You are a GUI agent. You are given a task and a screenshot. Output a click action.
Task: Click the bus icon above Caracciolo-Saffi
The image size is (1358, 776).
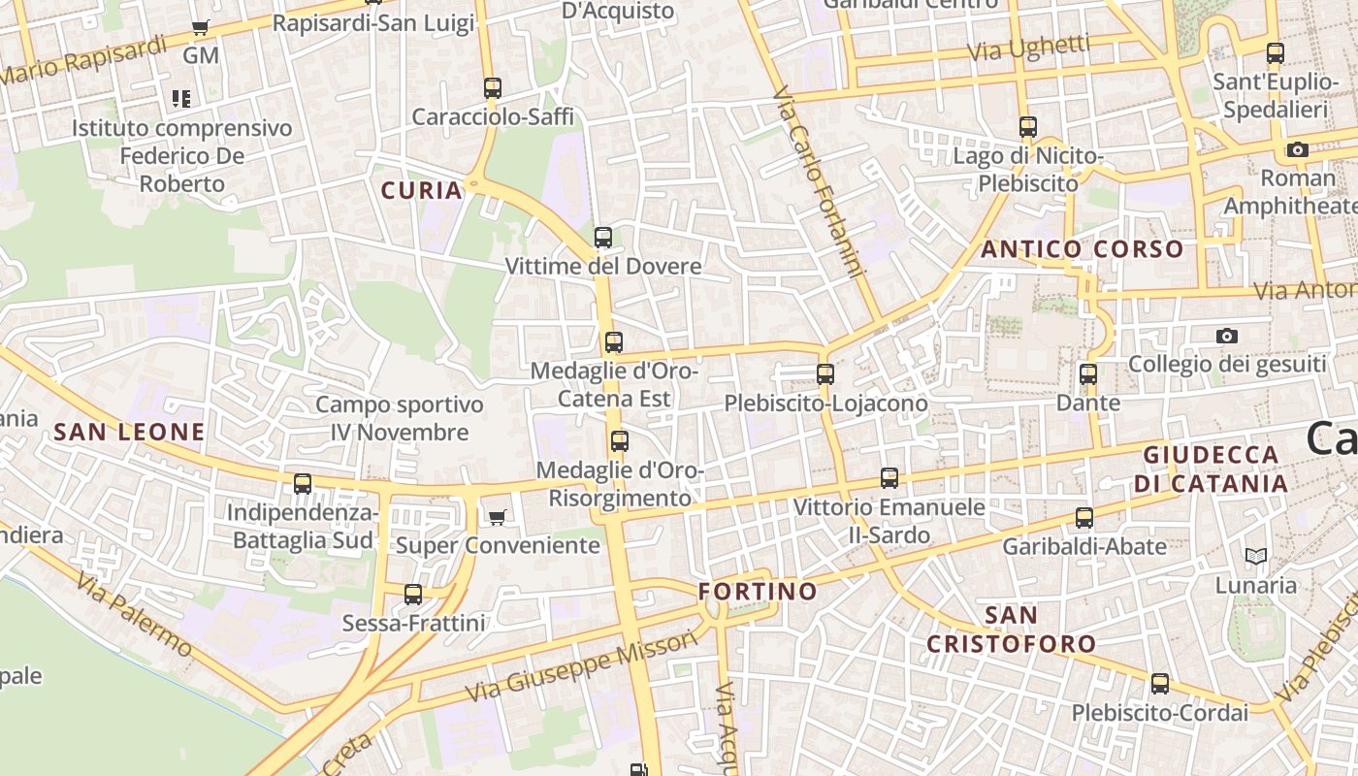pos(493,88)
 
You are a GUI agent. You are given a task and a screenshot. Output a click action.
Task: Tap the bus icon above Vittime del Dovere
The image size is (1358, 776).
pos(603,238)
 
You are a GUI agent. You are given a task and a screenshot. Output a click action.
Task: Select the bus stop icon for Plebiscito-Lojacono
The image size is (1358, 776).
pos(825,374)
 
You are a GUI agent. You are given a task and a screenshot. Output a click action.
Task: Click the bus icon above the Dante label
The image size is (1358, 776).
pos(1088,374)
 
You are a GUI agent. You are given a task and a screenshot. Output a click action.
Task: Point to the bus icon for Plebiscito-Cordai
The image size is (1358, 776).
pos(1160,684)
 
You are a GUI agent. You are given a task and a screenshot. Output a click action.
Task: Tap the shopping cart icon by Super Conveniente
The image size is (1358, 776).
pos(498,517)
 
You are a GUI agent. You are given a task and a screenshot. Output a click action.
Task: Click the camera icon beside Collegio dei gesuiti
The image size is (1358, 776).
pos(1227,336)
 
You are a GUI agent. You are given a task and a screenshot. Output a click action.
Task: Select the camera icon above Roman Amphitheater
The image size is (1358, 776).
pos(1298,149)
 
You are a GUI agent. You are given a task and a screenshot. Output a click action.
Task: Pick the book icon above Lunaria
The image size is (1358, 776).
pos(1256,557)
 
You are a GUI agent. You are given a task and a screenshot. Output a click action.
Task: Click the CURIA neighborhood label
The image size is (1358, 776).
pos(422,190)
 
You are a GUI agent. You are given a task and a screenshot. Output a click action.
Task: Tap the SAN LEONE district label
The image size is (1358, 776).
pos(129,433)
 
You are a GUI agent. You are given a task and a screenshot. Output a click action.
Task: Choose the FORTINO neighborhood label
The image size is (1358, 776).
pos(758,591)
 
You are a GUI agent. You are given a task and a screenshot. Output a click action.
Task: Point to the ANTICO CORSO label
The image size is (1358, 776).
pos(1083,249)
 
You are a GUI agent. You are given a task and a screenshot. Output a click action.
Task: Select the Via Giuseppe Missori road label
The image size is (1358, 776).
pos(582,666)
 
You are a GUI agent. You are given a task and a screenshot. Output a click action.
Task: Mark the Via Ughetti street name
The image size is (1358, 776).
pos(1029,48)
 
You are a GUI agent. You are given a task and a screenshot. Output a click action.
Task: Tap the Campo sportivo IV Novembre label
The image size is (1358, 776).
pos(399,418)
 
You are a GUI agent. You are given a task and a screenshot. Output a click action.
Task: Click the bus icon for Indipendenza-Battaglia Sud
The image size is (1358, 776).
pos(303,484)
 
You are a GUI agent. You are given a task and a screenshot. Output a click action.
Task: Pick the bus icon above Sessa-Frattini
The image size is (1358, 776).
pos(413,595)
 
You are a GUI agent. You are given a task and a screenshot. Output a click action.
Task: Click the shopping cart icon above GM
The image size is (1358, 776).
pos(201,28)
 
